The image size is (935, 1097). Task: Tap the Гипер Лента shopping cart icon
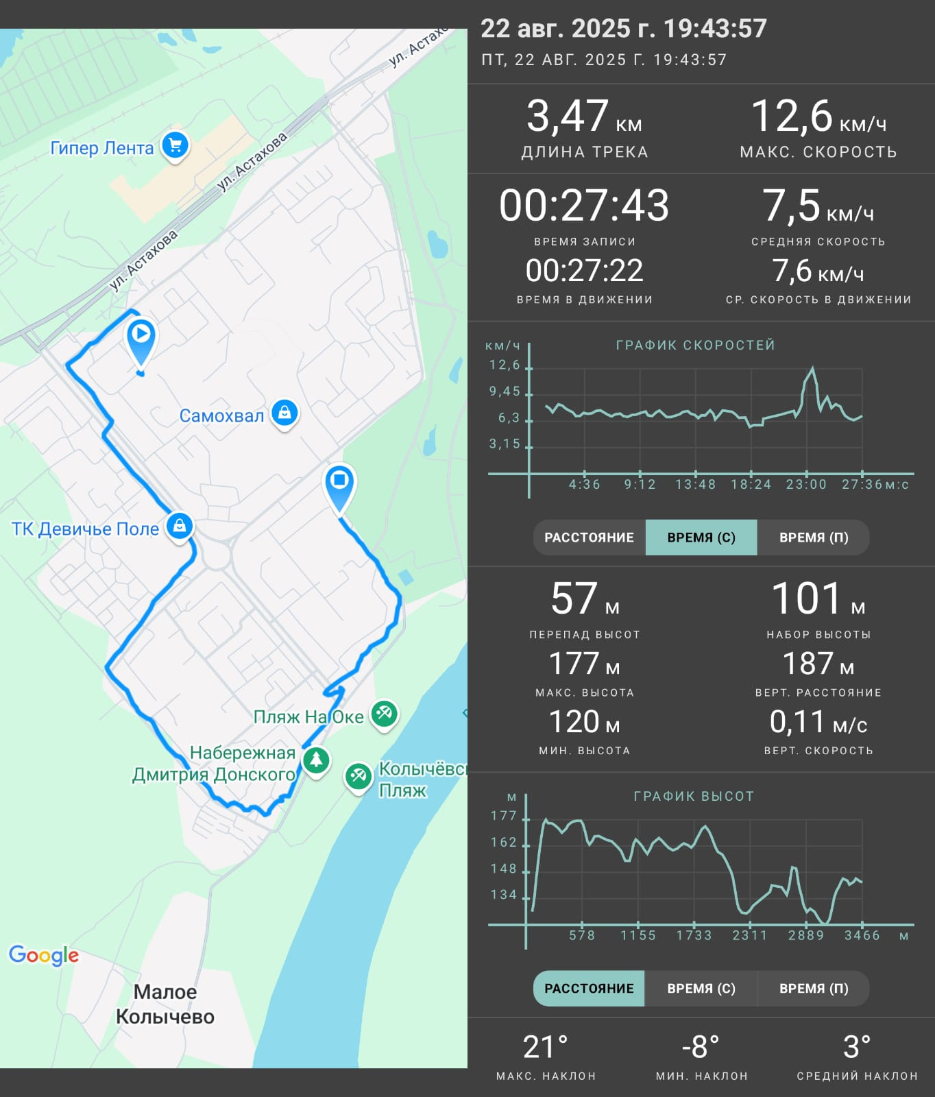tap(175, 146)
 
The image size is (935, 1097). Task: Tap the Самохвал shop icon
tap(284, 413)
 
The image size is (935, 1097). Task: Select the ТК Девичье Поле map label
tap(85, 529)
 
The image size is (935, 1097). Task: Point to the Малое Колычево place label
tap(165, 1004)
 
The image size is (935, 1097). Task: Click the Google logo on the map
tap(44, 955)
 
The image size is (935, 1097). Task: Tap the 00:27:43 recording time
tap(584, 206)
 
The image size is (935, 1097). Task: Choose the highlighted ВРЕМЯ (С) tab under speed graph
tap(701, 538)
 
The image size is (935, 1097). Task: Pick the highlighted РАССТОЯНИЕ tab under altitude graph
tap(589, 988)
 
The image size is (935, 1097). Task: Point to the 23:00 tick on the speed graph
tap(806, 485)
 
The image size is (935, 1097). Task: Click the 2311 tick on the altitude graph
tap(750, 935)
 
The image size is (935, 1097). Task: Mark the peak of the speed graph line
tap(813, 367)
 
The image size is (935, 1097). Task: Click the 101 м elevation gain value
tap(818, 599)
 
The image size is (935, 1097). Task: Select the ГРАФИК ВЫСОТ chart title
tap(694, 796)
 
